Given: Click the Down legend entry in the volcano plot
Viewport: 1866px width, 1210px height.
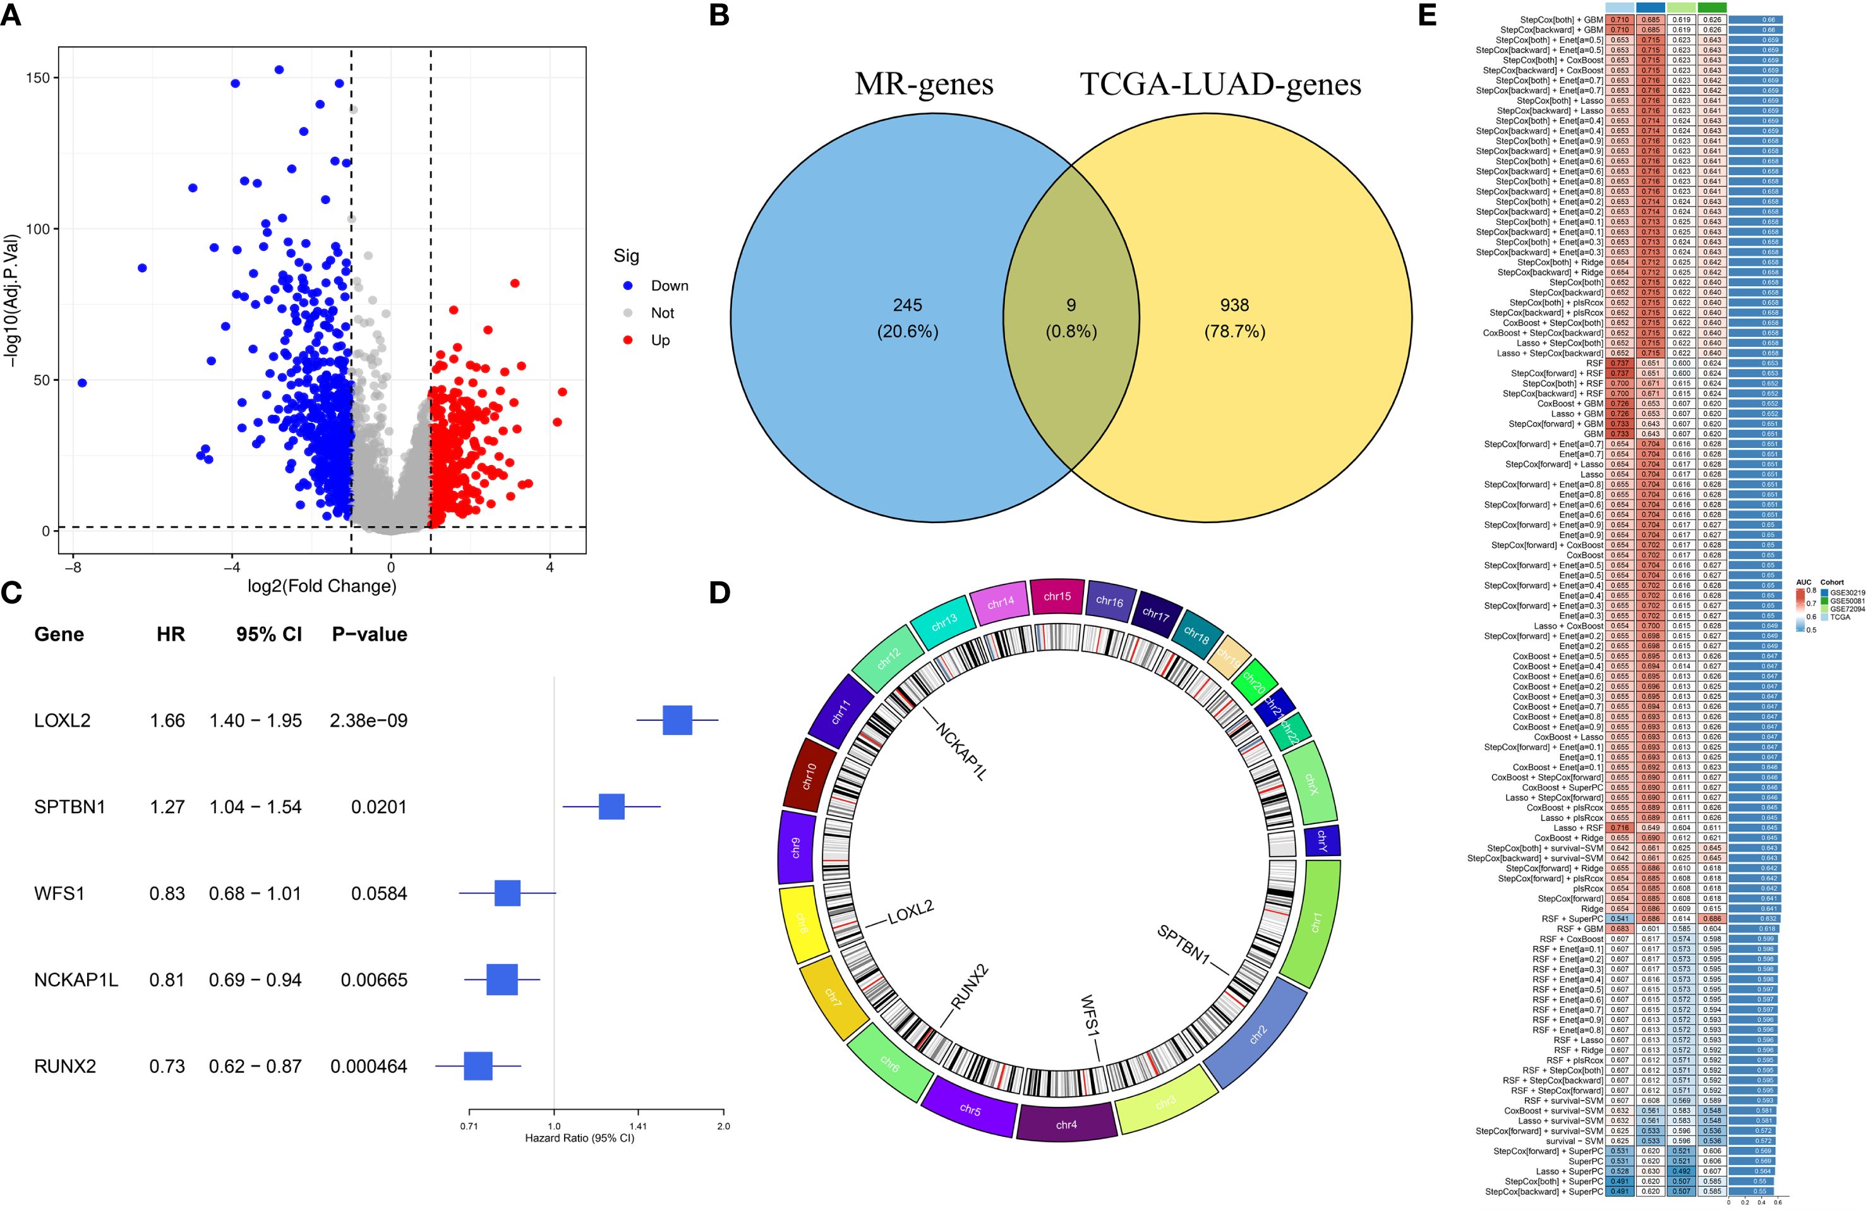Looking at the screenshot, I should pyautogui.click(x=669, y=286).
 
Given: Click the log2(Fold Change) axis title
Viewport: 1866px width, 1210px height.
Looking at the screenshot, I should pyautogui.click(x=322, y=586).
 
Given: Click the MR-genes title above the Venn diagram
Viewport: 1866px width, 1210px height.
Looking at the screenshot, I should pyautogui.click(x=924, y=84).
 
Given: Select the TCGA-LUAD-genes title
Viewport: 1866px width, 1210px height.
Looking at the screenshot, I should pyautogui.click(x=1221, y=84).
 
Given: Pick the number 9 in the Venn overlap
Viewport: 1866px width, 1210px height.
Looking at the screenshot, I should pyautogui.click(x=1071, y=305).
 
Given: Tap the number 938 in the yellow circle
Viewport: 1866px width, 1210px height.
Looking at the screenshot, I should pyautogui.click(x=1234, y=305).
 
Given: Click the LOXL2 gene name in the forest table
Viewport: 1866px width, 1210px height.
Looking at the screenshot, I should pyautogui.click(x=62, y=720).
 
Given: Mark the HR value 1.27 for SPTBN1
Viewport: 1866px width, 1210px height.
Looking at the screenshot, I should pyautogui.click(x=167, y=807).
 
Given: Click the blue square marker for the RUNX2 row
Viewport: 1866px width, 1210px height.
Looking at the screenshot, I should pyautogui.click(x=478, y=1067).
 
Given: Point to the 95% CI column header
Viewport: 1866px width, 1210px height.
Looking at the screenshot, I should pyautogui.click(x=269, y=634).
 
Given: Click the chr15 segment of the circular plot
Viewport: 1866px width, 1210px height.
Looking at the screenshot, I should pyautogui.click(x=1057, y=596).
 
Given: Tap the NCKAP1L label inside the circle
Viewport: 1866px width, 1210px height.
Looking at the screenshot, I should pyautogui.click(x=960, y=751).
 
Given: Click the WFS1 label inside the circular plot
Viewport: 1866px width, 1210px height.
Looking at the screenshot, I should pyautogui.click(x=1090, y=1016).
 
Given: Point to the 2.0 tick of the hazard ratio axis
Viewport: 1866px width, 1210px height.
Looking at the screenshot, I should pyautogui.click(x=723, y=1125).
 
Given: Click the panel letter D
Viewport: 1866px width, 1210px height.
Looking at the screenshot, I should pyautogui.click(x=719, y=593).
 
